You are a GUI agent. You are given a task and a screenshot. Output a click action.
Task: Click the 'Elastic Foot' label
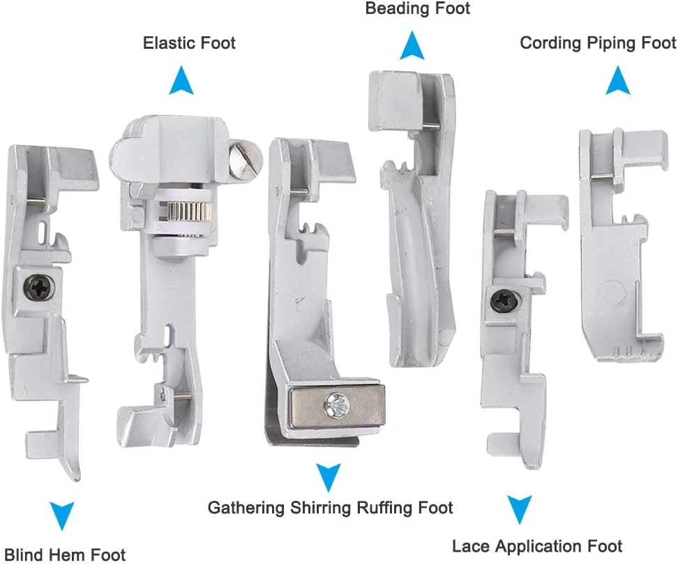189,43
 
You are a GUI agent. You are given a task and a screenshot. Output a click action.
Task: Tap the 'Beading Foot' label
418,9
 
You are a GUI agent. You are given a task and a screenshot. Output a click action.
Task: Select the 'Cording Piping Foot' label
598,43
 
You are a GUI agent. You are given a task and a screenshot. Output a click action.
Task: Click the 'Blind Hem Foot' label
63,555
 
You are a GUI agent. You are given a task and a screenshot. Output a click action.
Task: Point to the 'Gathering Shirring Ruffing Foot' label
331,508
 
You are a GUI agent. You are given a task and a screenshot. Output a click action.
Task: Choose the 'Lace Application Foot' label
537,545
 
